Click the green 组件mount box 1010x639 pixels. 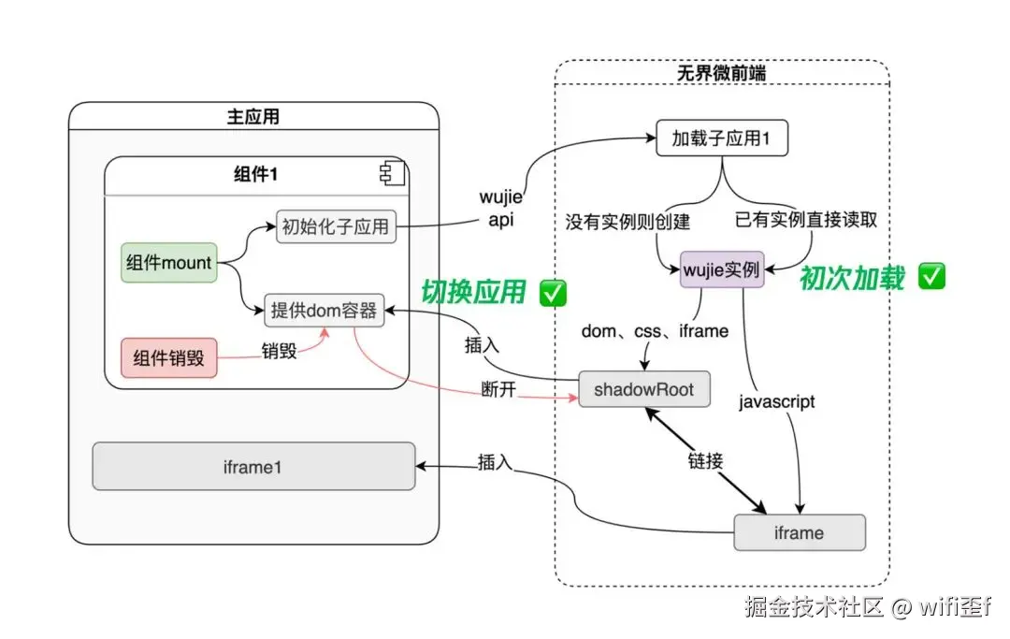(x=168, y=263)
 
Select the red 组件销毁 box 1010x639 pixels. (x=168, y=358)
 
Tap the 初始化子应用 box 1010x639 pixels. (x=335, y=226)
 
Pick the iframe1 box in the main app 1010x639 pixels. (x=253, y=467)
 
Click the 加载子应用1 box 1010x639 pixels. (x=722, y=138)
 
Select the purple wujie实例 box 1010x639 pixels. (x=721, y=269)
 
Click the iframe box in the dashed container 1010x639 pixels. (x=800, y=533)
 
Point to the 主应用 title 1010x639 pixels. (x=252, y=117)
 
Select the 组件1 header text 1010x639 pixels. (x=255, y=175)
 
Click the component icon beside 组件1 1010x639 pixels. (x=389, y=174)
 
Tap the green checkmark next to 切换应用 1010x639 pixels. (x=554, y=293)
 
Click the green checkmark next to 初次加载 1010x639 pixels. (x=932, y=276)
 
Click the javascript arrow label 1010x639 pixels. (x=776, y=402)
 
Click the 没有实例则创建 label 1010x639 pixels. (x=628, y=222)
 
